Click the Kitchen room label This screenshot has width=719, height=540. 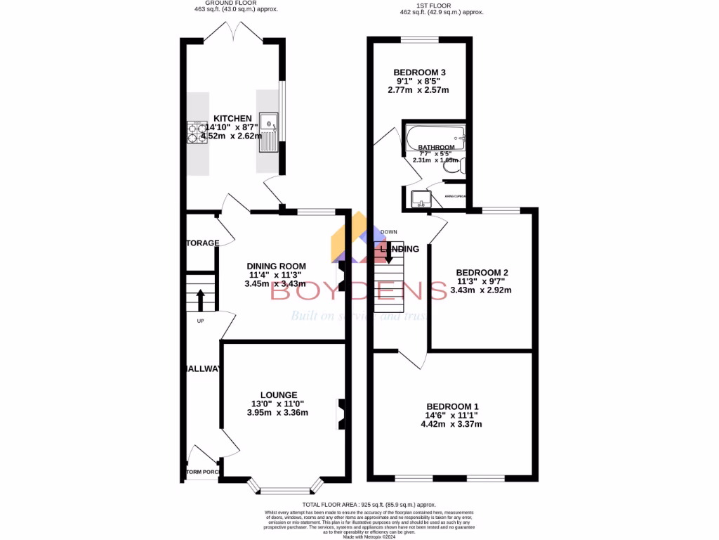(232, 118)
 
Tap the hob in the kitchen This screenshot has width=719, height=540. (197, 132)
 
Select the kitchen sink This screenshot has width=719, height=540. (268, 132)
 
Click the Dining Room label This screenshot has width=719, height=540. (276, 265)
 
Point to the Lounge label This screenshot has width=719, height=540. (279, 394)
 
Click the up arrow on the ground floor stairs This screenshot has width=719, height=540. (200, 300)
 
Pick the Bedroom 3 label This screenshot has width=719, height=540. (419, 72)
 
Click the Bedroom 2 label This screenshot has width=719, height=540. (482, 272)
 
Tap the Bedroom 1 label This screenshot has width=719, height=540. (453, 406)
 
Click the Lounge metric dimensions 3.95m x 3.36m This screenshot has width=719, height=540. (279, 413)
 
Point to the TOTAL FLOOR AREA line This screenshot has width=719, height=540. (369, 505)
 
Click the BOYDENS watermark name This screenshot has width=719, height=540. (359, 290)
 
